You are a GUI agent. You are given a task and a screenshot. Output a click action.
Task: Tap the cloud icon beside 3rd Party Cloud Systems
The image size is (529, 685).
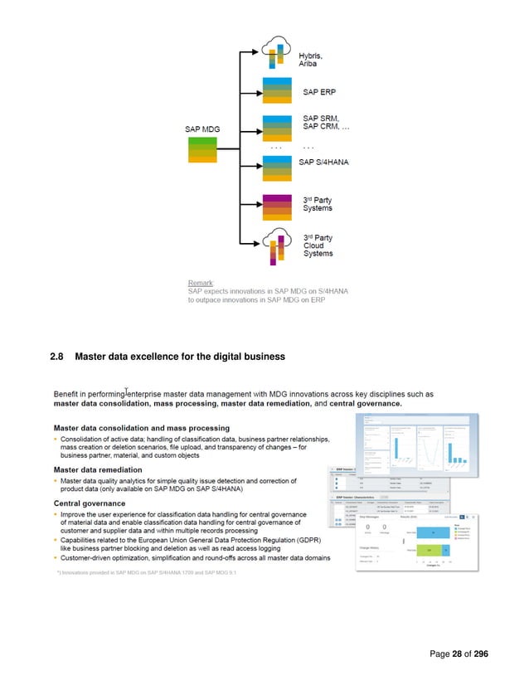click(275, 242)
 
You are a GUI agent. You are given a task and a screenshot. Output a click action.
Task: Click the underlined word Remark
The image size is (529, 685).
click(200, 283)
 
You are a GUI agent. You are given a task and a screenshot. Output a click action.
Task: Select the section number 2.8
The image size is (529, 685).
click(57, 357)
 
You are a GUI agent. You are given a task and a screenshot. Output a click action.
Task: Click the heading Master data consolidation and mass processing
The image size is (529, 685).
click(142, 428)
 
